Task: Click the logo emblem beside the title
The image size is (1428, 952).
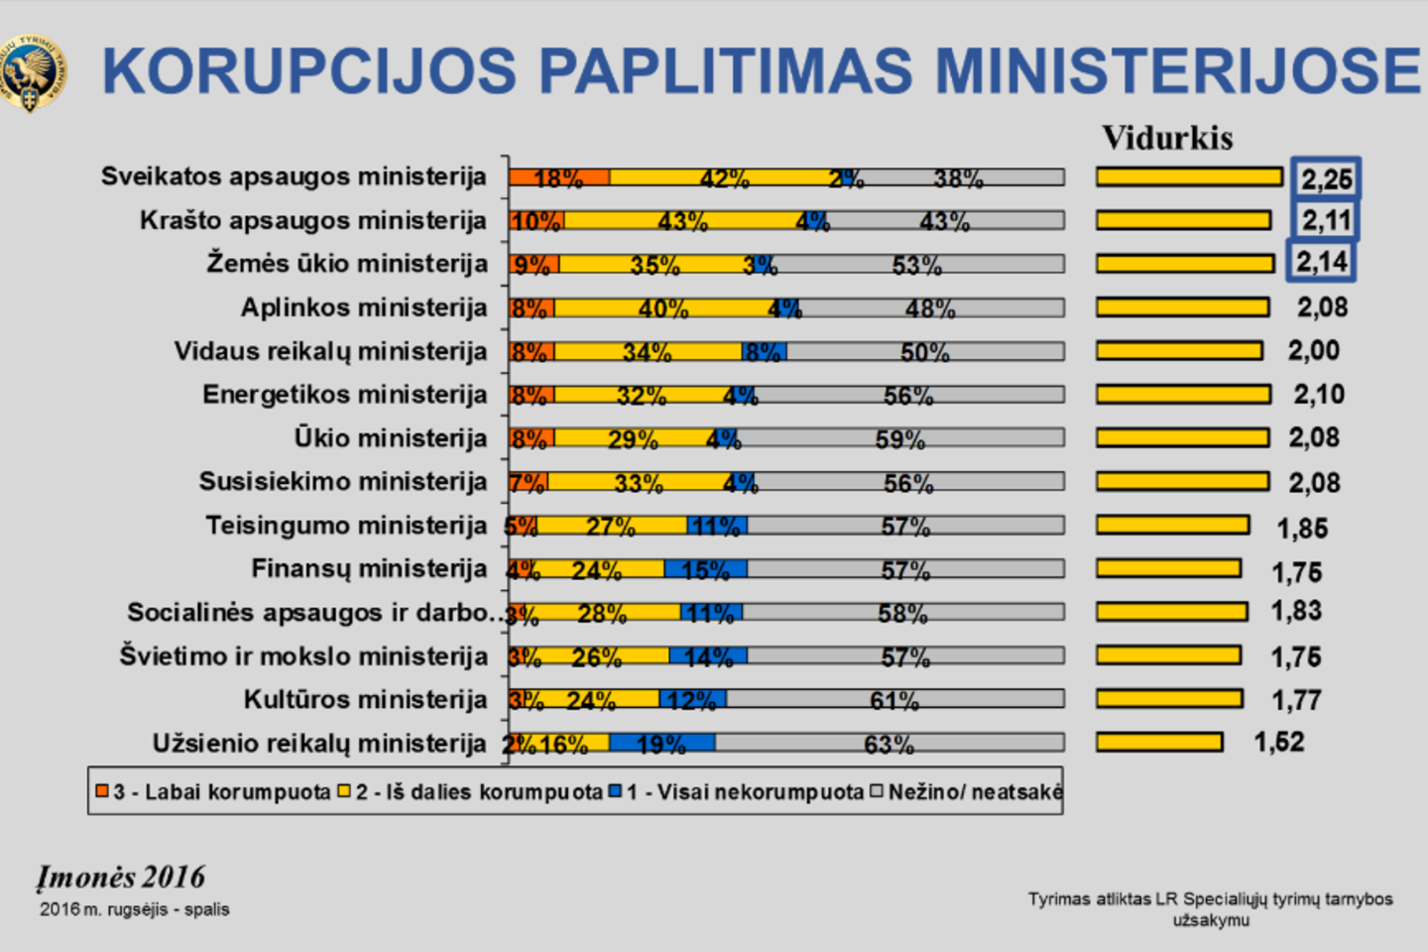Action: [x=32, y=72]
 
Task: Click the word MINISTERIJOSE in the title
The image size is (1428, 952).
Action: [x=1178, y=71]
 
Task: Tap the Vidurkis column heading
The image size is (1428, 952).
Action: [x=1167, y=138]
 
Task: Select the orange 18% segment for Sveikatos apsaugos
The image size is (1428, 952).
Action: [x=559, y=178]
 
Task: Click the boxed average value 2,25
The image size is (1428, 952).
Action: [x=1326, y=179]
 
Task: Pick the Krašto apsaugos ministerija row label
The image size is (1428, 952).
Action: [x=313, y=220]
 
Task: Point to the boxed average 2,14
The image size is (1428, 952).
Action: [x=1322, y=263]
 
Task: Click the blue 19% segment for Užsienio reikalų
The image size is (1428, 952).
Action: [x=661, y=743]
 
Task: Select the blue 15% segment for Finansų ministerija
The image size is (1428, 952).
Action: [x=705, y=569]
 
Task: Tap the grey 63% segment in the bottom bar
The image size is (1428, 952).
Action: [x=889, y=743]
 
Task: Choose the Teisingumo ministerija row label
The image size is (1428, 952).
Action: [x=346, y=526]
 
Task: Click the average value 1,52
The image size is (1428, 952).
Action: [x=1279, y=743]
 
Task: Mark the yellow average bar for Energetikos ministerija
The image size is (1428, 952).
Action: [x=1183, y=395]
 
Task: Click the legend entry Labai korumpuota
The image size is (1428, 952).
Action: [x=213, y=792]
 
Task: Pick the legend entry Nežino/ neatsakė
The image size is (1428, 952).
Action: [x=966, y=792]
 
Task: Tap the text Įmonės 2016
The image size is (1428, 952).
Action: [x=121, y=878]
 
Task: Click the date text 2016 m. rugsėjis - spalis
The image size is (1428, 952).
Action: [x=135, y=909]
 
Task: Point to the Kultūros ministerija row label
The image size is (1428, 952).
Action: [x=366, y=700]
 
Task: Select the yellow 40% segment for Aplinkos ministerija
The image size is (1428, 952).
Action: [x=662, y=308]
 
